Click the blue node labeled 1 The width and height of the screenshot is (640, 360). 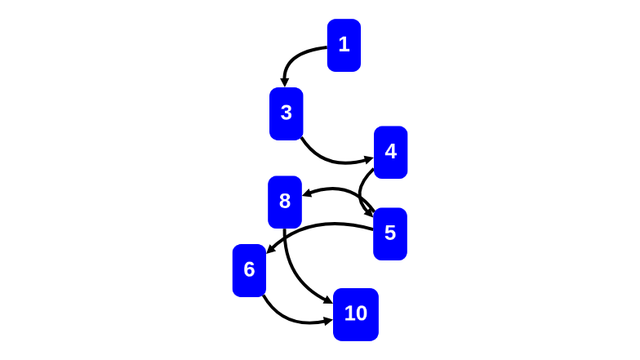click(x=344, y=45)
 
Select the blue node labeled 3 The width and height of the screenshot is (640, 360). click(x=286, y=113)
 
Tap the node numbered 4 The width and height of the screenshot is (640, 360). click(x=390, y=152)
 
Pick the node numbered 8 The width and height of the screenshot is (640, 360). click(x=285, y=202)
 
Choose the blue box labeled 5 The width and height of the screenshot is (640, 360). click(x=390, y=233)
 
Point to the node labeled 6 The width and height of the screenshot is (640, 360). click(x=249, y=270)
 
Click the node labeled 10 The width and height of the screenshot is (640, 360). click(x=356, y=314)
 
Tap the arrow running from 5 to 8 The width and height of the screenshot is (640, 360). click(x=339, y=189)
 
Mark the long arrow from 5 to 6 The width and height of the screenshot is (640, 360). click(x=318, y=225)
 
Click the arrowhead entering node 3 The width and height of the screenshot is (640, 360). click(x=284, y=82)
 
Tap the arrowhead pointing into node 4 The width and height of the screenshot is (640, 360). click(x=369, y=159)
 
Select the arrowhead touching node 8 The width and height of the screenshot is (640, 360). click(x=308, y=194)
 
